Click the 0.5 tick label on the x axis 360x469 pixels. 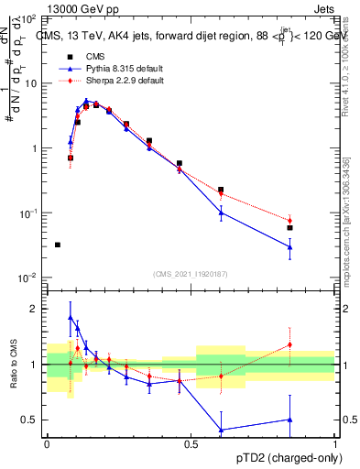click(x=191, y=443)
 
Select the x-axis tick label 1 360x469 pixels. click(x=334, y=443)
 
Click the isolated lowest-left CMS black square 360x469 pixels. click(x=57, y=245)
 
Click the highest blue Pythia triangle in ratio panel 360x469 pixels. click(x=71, y=317)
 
